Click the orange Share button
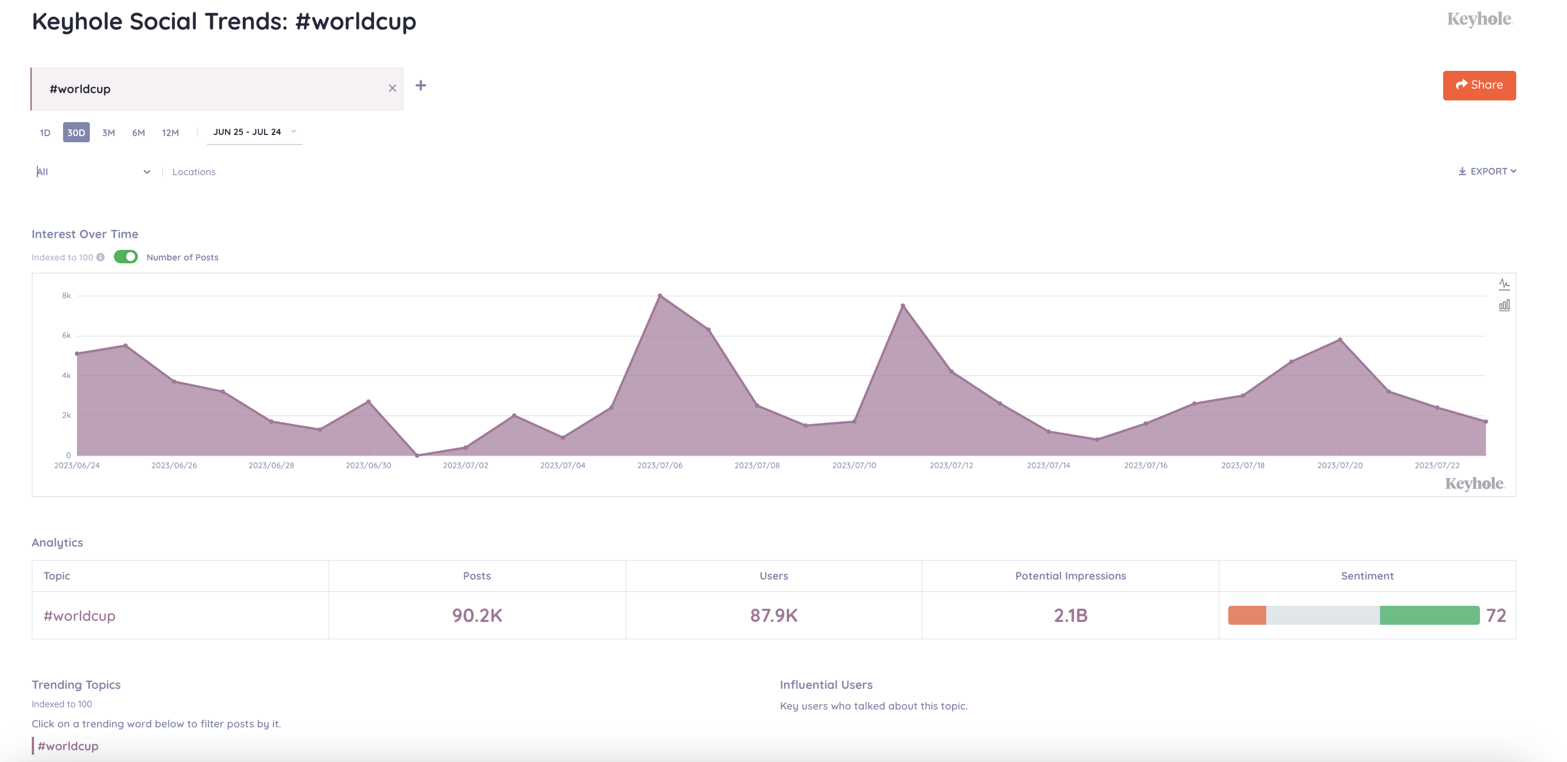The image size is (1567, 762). point(1478,85)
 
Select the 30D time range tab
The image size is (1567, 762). point(76,133)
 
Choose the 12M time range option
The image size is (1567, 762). point(170,133)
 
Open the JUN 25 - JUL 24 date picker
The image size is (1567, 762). point(254,132)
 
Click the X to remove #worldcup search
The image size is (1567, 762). point(392,89)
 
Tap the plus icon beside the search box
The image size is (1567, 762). point(420,86)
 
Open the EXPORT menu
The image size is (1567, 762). point(1487,171)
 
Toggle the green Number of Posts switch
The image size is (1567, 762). point(126,257)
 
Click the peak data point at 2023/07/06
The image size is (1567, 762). point(660,296)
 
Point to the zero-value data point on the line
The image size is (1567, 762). point(417,456)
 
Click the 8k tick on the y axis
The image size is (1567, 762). point(66,296)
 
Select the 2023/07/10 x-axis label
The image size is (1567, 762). point(854,465)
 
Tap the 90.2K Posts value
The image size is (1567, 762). point(477,615)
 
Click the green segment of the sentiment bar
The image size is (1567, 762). point(1429,615)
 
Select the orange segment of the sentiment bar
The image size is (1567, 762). point(1247,615)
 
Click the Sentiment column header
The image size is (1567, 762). point(1367,576)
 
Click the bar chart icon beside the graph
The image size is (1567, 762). point(1504,305)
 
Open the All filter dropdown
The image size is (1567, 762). point(93,172)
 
